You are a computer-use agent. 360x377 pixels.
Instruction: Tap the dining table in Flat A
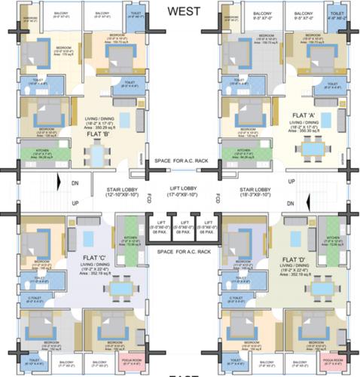click(x=309, y=149)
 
